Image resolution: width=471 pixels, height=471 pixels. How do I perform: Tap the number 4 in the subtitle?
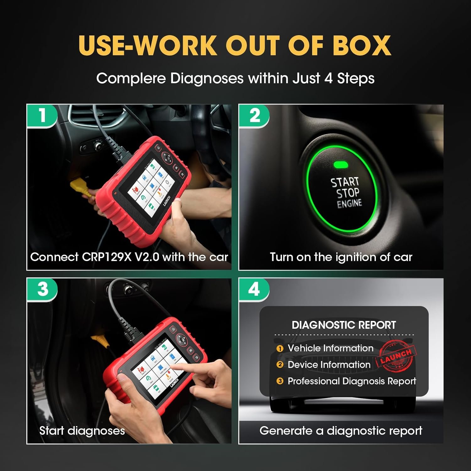328,78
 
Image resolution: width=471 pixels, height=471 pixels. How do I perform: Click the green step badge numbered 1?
42,116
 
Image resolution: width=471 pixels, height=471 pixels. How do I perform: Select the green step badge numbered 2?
254,116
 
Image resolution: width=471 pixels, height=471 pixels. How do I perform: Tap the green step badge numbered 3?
42,289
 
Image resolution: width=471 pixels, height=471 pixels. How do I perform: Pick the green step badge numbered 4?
254,289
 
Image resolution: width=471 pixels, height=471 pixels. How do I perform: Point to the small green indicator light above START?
340,165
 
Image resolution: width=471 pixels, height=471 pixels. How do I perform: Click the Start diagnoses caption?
82,430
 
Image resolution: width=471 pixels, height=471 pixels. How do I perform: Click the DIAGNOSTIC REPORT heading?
344,325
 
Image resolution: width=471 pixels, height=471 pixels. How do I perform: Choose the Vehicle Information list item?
330,348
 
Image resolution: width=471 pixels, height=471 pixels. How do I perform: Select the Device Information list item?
329,365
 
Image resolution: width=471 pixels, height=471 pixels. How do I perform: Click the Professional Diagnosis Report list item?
352,381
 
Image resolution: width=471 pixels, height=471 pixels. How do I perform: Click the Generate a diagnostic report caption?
341,430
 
